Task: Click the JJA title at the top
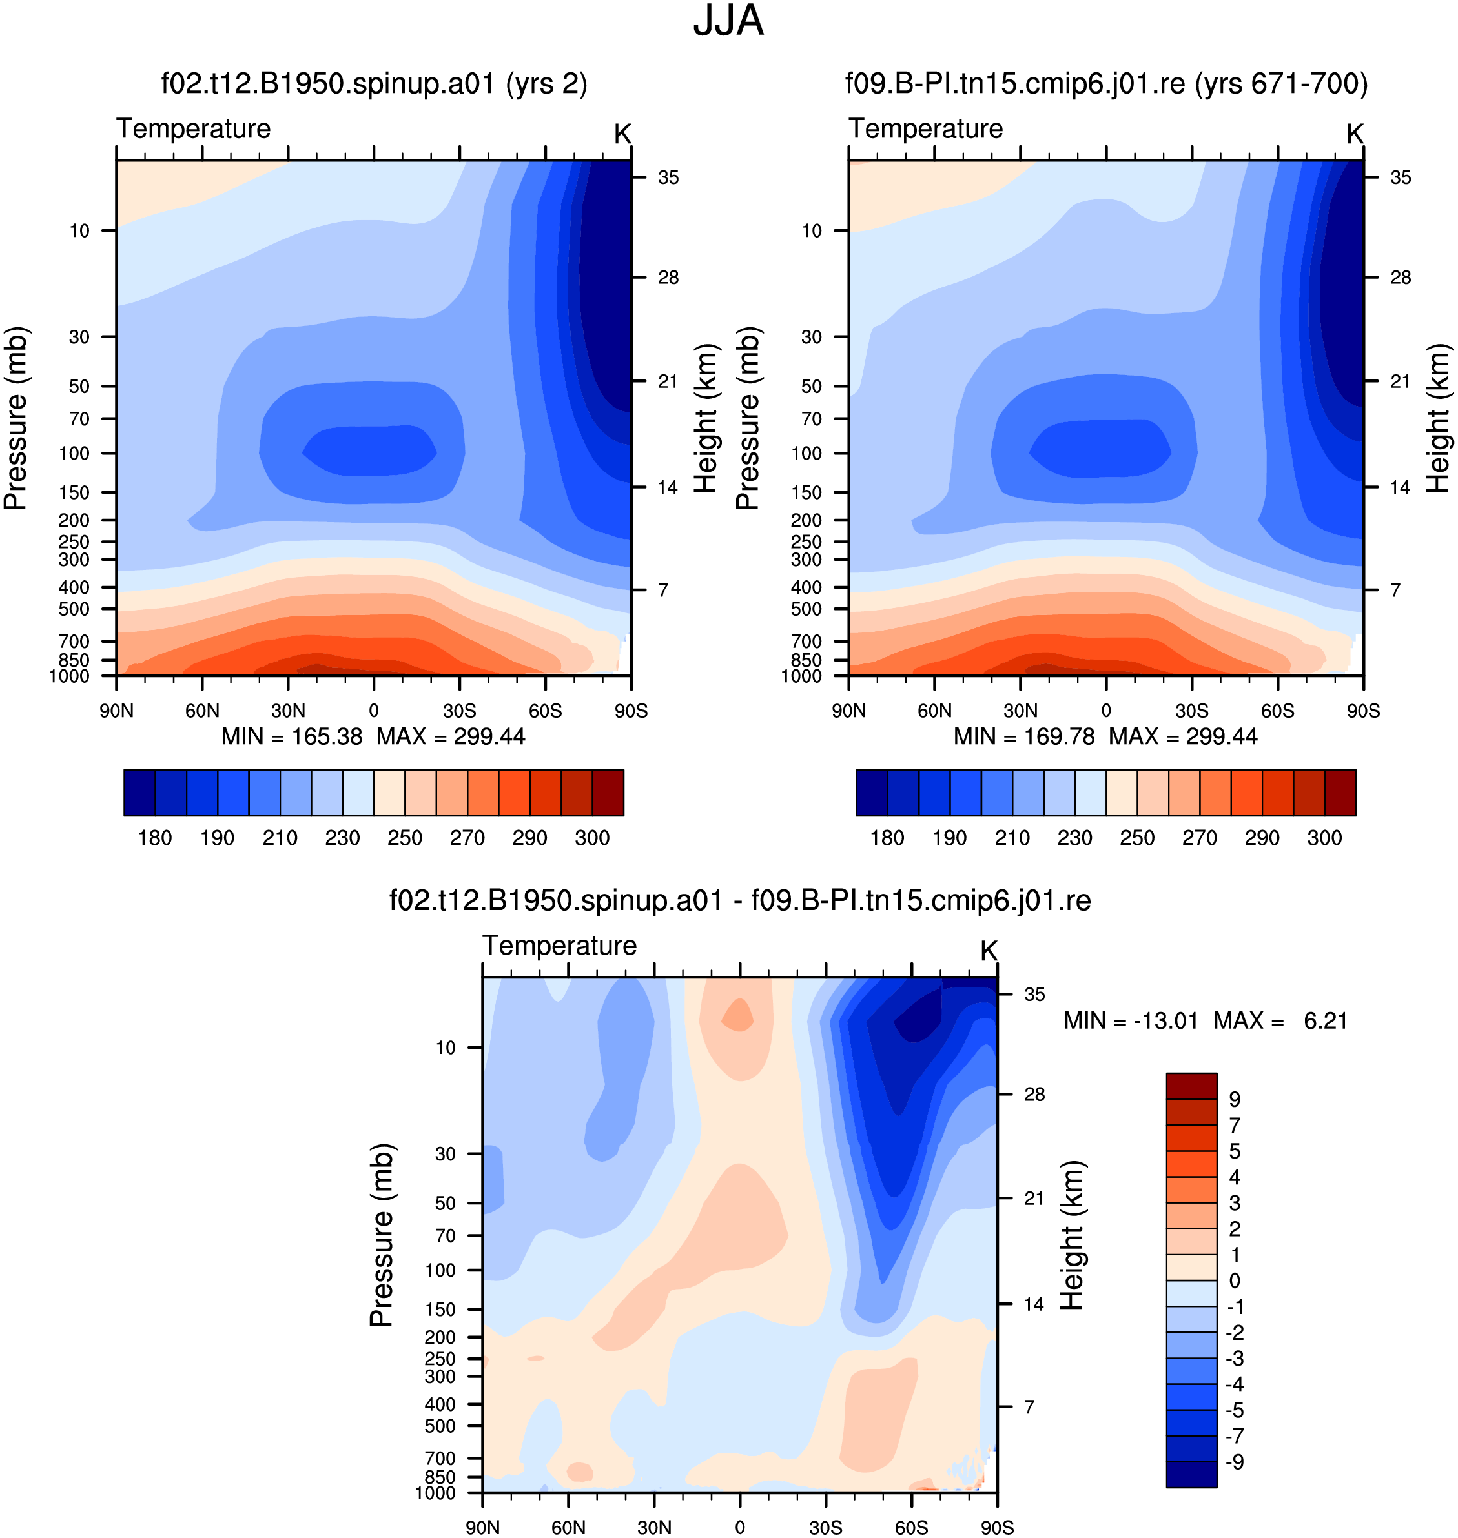pos(728,21)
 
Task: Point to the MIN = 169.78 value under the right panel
pos(1023,736)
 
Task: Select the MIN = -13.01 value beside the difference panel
pos(1131,1020)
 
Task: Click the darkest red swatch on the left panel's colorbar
pos(608,793)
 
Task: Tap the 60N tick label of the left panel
pos(202,711)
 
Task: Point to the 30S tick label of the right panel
pos(1191,711)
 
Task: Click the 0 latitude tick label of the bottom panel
pos(740,1527)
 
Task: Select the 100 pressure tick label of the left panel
pos(75,453)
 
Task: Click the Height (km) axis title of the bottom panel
pos(1071,1235)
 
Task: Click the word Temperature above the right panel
pos(926,128)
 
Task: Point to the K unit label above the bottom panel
pos(989,951)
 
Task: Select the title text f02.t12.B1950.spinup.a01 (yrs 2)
pos(374,83)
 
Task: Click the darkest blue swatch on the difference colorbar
pos(1191,1474)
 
